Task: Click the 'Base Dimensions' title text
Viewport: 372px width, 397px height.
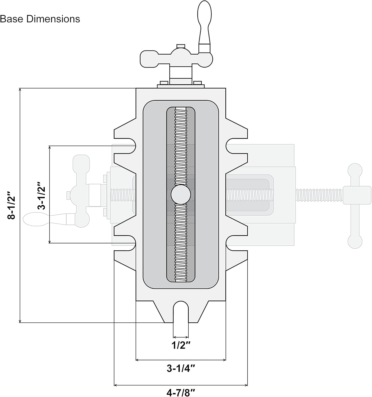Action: [40, 19]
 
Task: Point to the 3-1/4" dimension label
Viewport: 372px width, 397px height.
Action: [181, 368]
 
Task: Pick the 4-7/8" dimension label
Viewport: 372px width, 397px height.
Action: [181, 393]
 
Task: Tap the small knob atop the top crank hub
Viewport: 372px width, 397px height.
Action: [181, 46]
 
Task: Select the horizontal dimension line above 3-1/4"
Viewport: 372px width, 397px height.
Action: [181, 360]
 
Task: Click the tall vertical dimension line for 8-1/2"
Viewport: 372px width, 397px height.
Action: [20, 205]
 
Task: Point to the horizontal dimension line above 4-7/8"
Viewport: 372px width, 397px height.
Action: [181, 385]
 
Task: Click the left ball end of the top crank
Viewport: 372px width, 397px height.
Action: [147, 59]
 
